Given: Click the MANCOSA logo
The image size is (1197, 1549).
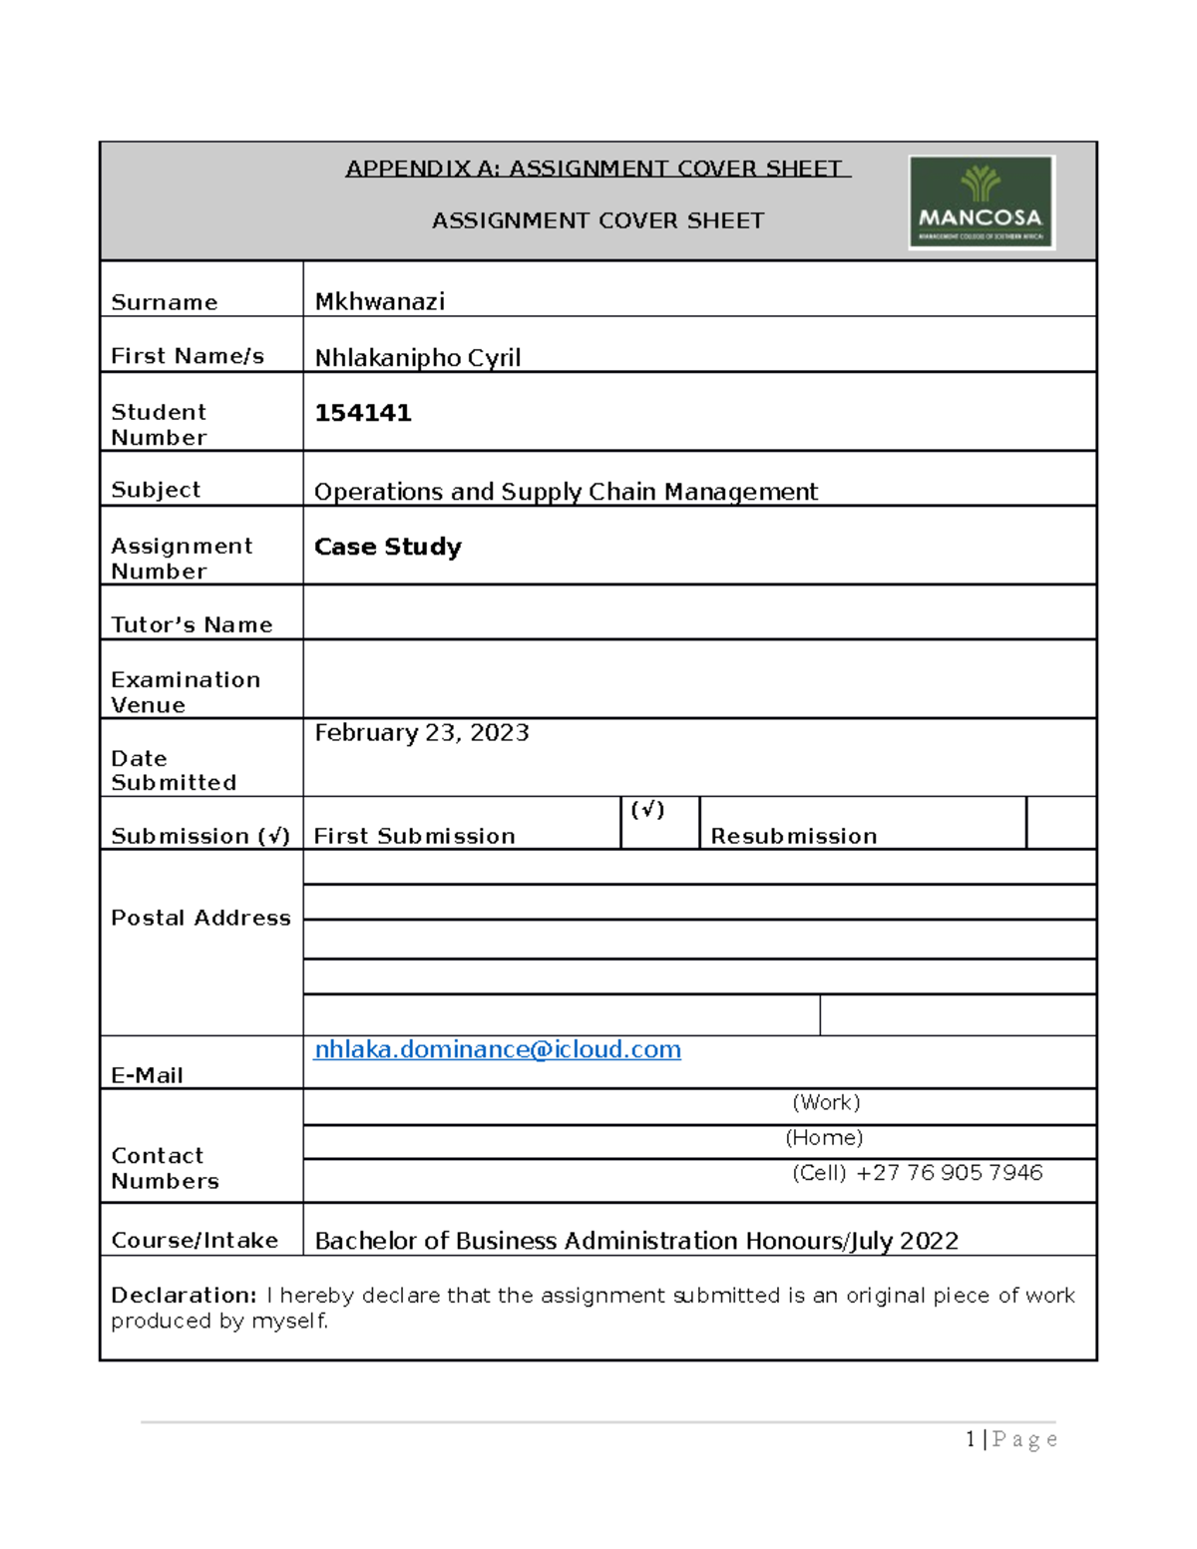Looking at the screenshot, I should (982, 202).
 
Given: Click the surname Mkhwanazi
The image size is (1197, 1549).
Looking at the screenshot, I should (379, 301).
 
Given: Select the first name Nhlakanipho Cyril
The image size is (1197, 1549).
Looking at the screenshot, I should (417, 357).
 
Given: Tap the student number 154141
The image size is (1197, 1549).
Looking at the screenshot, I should (362, 413).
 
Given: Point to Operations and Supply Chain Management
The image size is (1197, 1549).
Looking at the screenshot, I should (566, 492).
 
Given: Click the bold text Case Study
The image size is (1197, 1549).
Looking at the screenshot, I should (387, 547).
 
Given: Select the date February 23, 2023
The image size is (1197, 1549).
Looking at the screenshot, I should (421, 733).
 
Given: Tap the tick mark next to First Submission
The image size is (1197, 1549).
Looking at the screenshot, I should (647, 810).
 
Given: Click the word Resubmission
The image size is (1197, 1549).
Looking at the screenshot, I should (793, 836).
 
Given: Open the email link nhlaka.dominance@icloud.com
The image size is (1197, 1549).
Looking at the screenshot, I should (497, 1049).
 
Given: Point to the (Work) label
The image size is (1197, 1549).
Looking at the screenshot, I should (826, 1102).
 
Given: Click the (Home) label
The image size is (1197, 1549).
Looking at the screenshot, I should (824, 1138).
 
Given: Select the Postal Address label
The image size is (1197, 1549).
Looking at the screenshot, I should (200, 918).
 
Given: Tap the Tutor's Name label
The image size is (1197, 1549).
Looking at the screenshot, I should (192, 624).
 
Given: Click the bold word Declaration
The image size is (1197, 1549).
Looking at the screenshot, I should (184, 1295).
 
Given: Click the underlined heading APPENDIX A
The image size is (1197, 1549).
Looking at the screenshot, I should (597, 169).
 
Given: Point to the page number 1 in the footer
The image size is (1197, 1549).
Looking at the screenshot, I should (971, 1439).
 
